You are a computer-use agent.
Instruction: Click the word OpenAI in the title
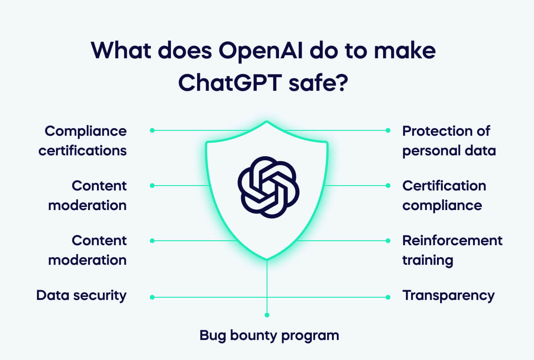[x=251, y=52]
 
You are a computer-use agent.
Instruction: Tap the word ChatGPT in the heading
[x=228, y=83]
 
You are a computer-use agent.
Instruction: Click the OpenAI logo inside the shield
[x=267, y=187]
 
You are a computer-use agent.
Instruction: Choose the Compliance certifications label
[x=83, y=141]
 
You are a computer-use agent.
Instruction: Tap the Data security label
[x=81, y=295]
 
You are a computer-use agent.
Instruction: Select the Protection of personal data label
[x=449, y=141]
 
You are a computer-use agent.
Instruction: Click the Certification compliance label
[x=444, y=195]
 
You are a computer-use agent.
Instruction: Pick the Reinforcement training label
[x=452, y=250]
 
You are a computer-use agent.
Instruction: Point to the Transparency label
[x=448, y=295]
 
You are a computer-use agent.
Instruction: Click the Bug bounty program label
[x=269, y=335]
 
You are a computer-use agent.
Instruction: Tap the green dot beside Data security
[x=152, y=297]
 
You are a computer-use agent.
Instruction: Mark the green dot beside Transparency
[x=388, y=297]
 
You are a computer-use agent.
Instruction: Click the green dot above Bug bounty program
[x=267, y=315]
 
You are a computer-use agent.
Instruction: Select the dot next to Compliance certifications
[x=152, y=130]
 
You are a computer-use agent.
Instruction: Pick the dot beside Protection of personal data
[x=388, y=130]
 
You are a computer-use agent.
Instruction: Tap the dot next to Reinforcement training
[x=388, y=241]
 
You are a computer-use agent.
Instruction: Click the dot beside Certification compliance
[x=388, y=186]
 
